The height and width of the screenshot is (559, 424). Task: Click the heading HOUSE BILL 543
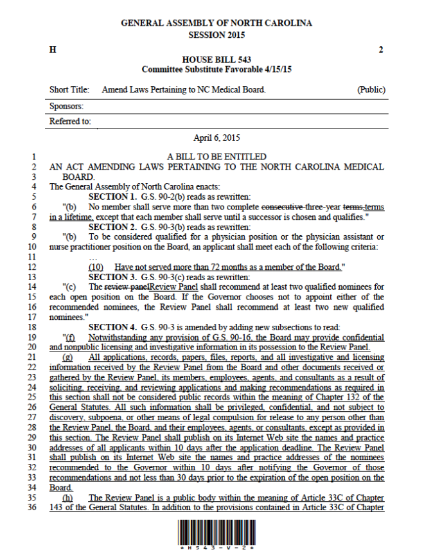(216, 60)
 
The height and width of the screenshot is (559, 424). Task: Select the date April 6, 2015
(216, 138)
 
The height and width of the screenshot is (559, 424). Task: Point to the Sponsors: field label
(66, 106)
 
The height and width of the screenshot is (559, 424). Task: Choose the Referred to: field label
(70, 121)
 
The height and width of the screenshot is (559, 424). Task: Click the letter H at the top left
(52, 49)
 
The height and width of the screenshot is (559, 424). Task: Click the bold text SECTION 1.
(112, 197)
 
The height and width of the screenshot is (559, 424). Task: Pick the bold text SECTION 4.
(112, 327)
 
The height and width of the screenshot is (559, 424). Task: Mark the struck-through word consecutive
(281, 207)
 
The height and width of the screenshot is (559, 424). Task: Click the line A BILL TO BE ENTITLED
(216, 157)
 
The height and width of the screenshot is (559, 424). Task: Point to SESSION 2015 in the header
(216, 35)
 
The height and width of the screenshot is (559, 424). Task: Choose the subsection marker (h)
(67, 497)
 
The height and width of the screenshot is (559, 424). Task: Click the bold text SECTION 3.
(112, 277)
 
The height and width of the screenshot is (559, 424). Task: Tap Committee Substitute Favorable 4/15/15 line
(216, 69)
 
